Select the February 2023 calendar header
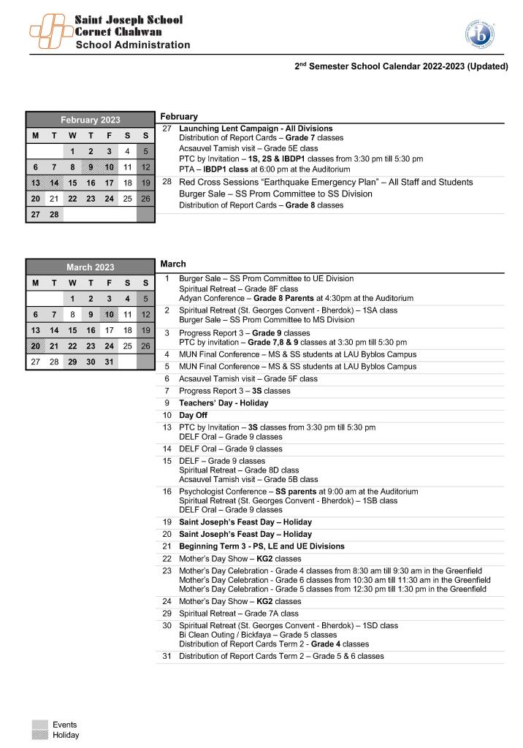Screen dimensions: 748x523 coord(90,120)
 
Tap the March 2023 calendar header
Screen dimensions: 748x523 coord(90,267)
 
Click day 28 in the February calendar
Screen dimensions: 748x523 coord(53,214)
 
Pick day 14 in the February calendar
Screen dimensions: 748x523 coord(53,183)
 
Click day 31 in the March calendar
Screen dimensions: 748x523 coord(109,362)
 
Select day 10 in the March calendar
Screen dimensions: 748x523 coord(109,314)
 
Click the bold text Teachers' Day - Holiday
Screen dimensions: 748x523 coord(224,402)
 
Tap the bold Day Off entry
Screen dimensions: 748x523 coord(193,415)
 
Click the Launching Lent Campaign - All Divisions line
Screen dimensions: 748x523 coord(256,129)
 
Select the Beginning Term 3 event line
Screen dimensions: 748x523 coord(261,546)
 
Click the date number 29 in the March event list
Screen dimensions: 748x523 coord(167,614)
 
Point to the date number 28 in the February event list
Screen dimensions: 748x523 coord(167,182)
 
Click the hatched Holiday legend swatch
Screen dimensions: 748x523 coord(39,735)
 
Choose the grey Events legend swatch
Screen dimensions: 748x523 coord(39,725)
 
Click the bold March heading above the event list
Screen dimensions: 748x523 coord(173,264)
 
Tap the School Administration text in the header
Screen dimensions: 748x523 coord(133,45)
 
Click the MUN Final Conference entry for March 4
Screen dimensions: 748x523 coord(297,354)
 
